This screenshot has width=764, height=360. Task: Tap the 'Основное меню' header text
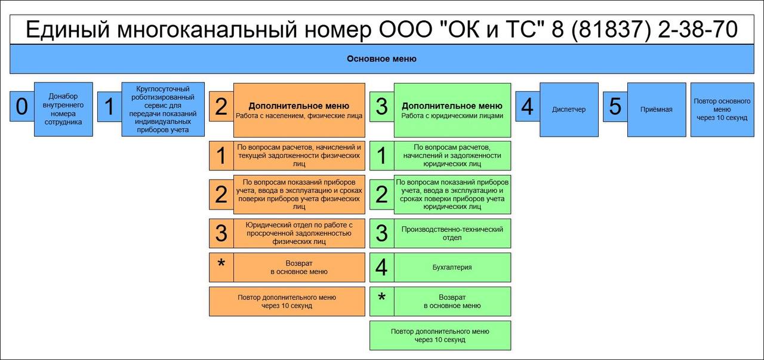click(x=381, y=59)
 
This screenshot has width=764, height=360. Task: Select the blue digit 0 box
click(x=22, y=107)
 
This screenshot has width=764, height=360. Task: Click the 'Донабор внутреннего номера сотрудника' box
click(x=63, y=109)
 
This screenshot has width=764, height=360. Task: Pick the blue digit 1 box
click(x=109, y=107)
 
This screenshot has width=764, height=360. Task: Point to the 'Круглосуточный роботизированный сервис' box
click(x=162, y=109)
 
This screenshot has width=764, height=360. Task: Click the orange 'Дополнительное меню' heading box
click(x=298, y=110)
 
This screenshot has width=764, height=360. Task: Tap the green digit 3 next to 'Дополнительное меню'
click(x=381, y=107)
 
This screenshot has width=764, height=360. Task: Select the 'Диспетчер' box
click(x=569, y=109)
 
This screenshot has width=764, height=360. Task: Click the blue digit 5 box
click(x=615, y=107)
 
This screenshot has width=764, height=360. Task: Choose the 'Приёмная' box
click(x=656, y=109)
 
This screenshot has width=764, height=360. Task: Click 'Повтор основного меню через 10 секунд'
click(x=722, y=109)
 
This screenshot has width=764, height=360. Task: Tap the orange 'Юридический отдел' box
click(x=298, y=233)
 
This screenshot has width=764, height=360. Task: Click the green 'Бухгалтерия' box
click(x=452, y=267)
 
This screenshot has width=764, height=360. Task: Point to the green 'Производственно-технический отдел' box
click(x=452, y=233)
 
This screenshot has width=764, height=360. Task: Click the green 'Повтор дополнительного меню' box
click(x=440, y=335)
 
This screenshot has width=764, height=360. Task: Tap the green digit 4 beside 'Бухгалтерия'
click(x=381, y=267)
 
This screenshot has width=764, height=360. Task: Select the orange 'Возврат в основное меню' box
click(x=298, y=267)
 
